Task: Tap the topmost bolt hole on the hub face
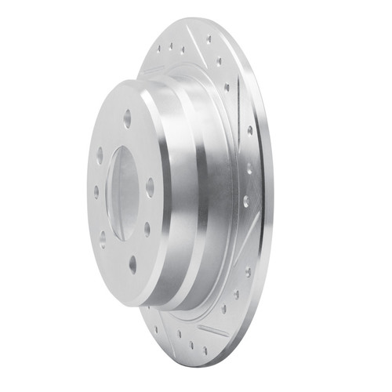coord(127,118)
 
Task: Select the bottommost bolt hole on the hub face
coord(131,264)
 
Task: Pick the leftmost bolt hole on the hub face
coord(96,190)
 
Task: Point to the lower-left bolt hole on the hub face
coord(102,233)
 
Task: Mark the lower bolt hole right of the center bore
coord(147,228)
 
